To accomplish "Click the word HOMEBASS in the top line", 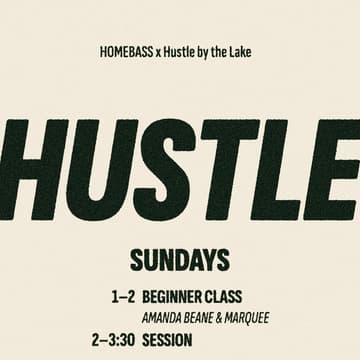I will coord(127,51).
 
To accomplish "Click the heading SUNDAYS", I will coord(180,260).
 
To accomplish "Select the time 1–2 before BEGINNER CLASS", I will coord(124,298).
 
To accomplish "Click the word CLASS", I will coord(228,298).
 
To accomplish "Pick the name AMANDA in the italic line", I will coord(165,319).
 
